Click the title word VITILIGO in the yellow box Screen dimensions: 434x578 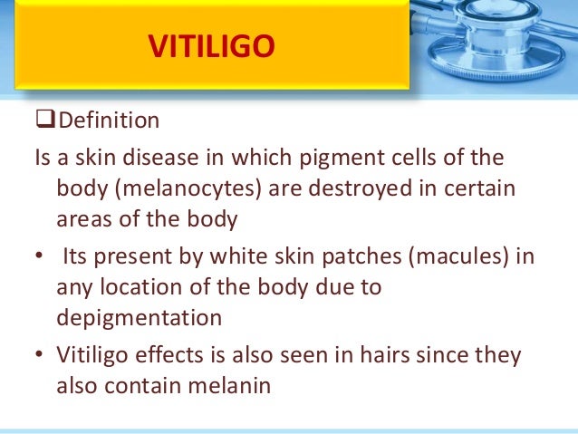(211, 46)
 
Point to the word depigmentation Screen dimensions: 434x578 (139, 318)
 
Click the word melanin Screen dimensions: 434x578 (226, 383)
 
